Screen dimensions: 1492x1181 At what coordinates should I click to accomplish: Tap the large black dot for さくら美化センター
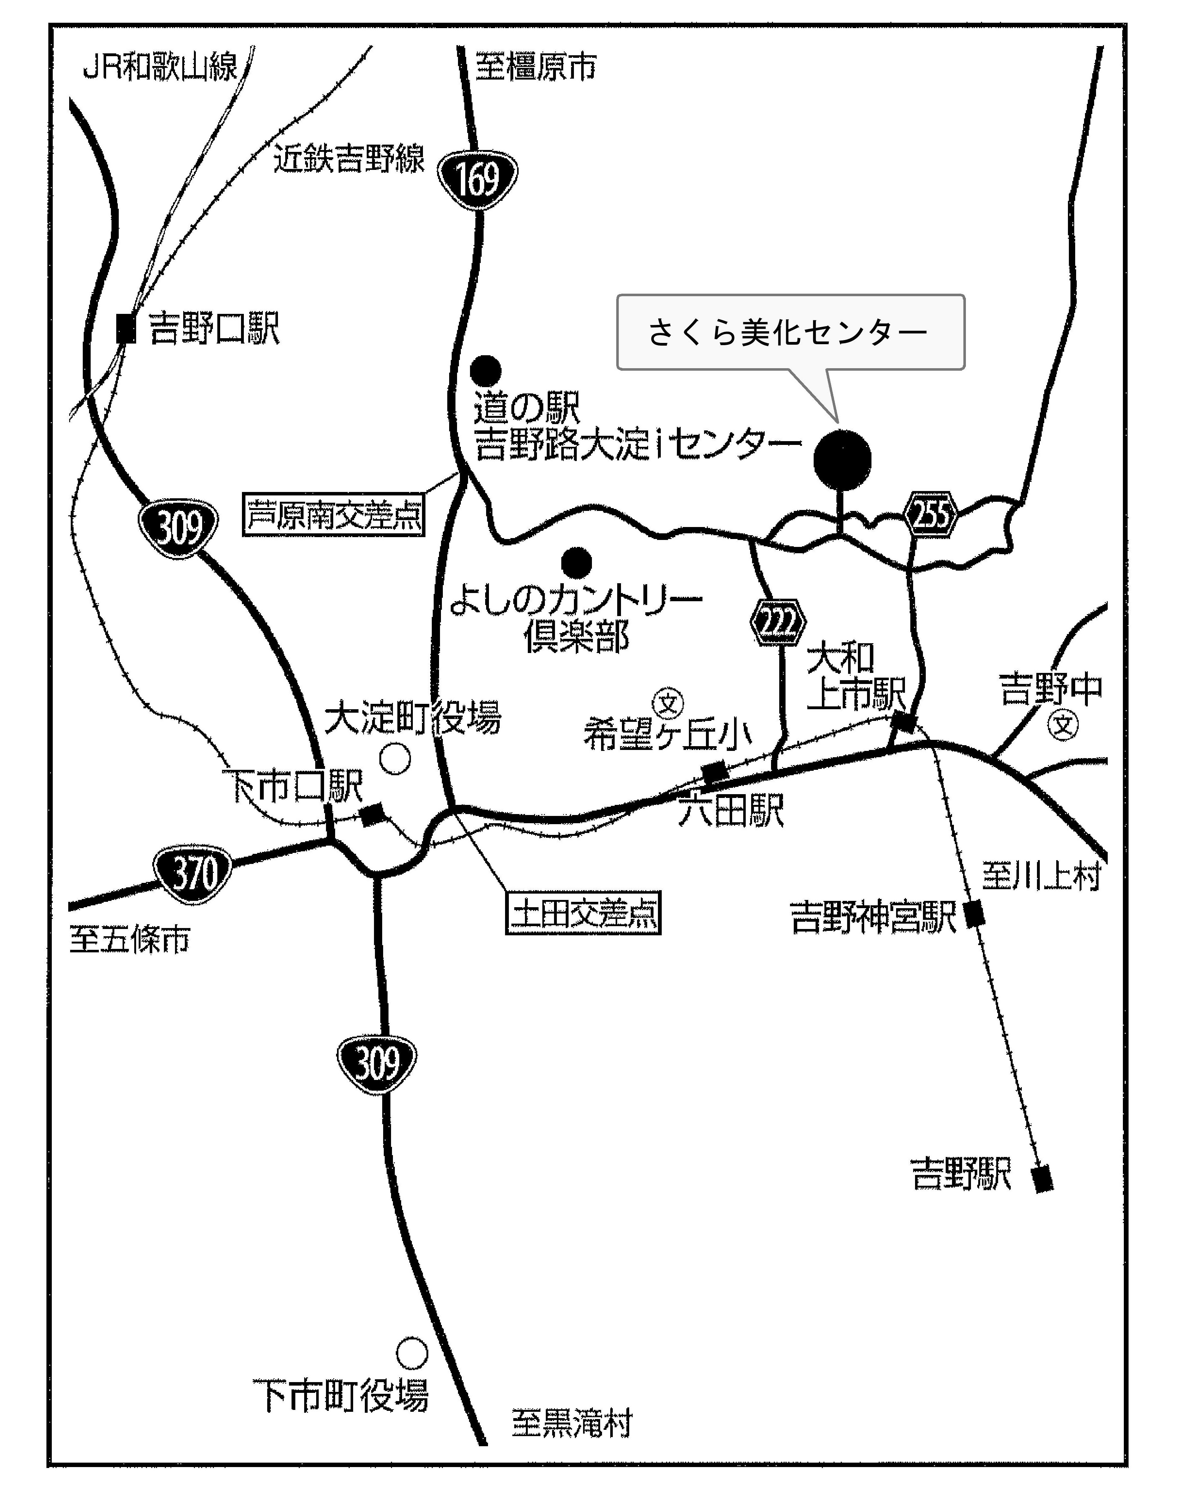[x=842, y=459]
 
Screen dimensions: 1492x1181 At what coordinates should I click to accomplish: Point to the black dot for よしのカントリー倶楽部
[x=577, y=562]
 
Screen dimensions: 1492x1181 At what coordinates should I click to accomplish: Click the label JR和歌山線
[x=160, y=68]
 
